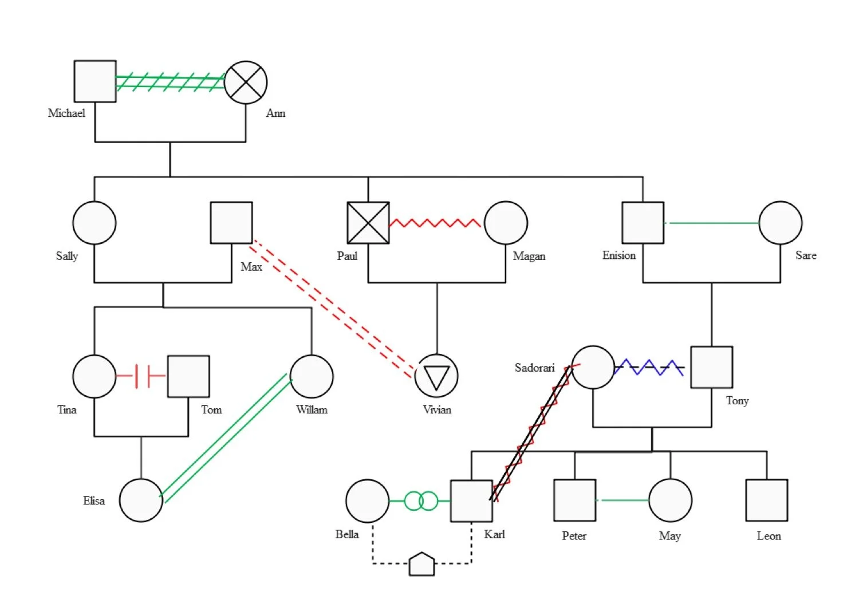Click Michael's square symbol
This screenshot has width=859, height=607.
(95, 81)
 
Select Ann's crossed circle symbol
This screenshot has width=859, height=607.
(246, 82)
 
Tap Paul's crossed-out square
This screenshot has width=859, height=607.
(368, 223)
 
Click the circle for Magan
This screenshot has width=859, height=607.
(506, 223)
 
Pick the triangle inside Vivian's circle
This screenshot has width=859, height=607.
(436, 377)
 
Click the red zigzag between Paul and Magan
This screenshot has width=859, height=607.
(435, 223)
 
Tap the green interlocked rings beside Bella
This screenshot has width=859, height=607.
(421, 501)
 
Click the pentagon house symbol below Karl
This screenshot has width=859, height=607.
(422, 565)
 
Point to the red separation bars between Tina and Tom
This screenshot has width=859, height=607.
(142, 376)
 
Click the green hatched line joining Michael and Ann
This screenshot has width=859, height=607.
(170, 82)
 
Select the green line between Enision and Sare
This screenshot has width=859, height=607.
(712, 223)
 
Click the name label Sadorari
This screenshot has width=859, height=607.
(534, 368)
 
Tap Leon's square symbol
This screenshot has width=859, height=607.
(766, 500)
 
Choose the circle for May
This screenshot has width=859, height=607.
(670, 500)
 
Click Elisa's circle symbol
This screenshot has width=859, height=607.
(141, 500)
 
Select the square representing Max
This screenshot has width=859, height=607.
(231, 223)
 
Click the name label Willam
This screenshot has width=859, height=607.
(312, 410)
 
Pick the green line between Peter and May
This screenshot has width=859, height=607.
(622, 500)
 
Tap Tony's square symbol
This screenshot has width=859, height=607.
(711, 367)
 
